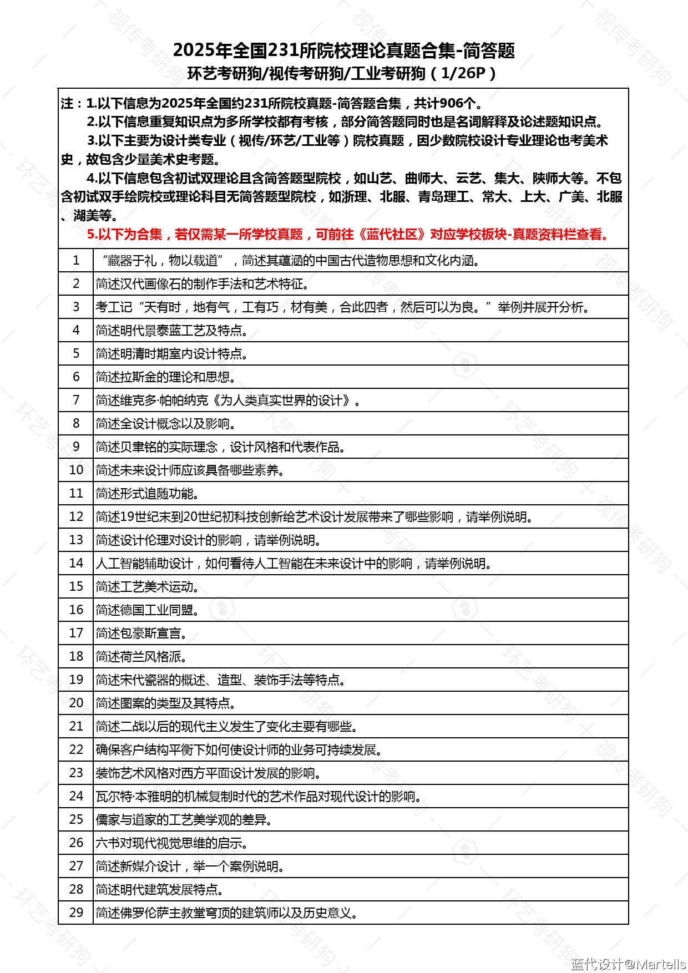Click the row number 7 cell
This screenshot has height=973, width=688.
pos(76,400)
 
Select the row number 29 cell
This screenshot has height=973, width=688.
pos(76,913)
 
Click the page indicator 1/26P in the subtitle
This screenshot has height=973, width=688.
pos(463,73)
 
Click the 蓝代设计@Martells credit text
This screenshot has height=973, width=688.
pos(628,964)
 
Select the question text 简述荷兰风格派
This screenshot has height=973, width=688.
pos(141,657)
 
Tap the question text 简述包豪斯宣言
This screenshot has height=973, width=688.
pos(141,634)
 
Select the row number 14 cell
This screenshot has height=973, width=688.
pos(76,563)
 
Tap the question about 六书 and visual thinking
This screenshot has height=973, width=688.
pos(171,843)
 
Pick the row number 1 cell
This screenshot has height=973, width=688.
pos(76,260)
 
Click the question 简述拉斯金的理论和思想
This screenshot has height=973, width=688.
pos(166,377)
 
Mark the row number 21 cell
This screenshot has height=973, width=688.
pos(76,726)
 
